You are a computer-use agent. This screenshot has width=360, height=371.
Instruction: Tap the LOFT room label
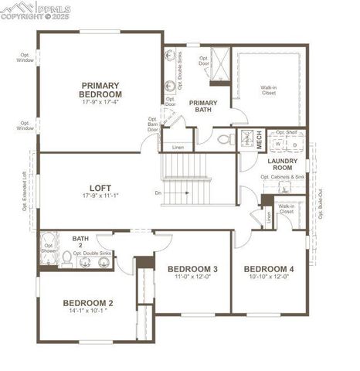[101, 187]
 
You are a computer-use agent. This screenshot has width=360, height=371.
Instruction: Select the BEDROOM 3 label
[192, 269]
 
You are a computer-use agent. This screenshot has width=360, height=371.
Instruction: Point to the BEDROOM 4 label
[269, 269]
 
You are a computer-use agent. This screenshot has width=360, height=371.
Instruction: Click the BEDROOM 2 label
[88, 302]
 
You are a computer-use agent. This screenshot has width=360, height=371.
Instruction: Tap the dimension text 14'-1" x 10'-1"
[88, 311]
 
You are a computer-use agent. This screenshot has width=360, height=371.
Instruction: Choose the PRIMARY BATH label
[203, 107]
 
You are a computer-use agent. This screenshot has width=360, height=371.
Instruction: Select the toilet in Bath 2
[67, 260]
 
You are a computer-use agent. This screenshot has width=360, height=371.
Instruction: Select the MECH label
[260, 141]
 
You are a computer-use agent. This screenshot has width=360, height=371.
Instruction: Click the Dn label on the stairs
[158, 192]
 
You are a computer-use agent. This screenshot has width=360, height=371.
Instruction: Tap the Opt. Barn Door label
[153, 124]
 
